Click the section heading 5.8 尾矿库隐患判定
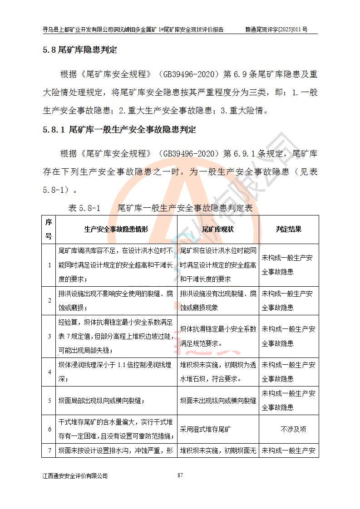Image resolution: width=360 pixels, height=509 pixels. tap(79, 50)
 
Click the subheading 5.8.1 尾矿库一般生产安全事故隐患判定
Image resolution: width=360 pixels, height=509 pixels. tap(119, 130)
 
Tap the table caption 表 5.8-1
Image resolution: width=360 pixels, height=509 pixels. tap(84, 208)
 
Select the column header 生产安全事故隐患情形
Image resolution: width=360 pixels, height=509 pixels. tap(116, 229)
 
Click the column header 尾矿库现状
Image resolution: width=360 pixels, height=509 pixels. tap(218, 229)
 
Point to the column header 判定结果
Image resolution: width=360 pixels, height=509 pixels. tap(289, 229)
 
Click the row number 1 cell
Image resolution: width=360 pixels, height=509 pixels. tap(49, 265)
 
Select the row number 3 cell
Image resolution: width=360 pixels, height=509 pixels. tap(49, 337)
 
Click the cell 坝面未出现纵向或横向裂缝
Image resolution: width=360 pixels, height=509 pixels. tap(218, 401)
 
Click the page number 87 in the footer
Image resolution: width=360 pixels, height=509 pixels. tap(180, 475)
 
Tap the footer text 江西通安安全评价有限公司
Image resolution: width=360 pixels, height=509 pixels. tap(75, 476)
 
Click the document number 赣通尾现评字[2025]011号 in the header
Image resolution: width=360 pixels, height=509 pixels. tap(276, 29)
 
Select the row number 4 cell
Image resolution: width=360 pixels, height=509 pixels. tap(49, 372)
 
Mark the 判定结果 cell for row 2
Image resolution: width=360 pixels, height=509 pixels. tap(289, 300)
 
